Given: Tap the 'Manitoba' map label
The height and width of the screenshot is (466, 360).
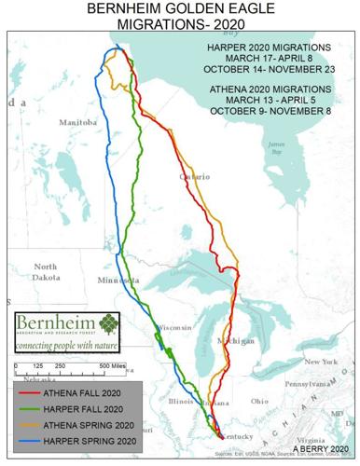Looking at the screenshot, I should tap(77, 122).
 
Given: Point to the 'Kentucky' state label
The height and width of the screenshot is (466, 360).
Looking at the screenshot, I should tap(242, 436).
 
